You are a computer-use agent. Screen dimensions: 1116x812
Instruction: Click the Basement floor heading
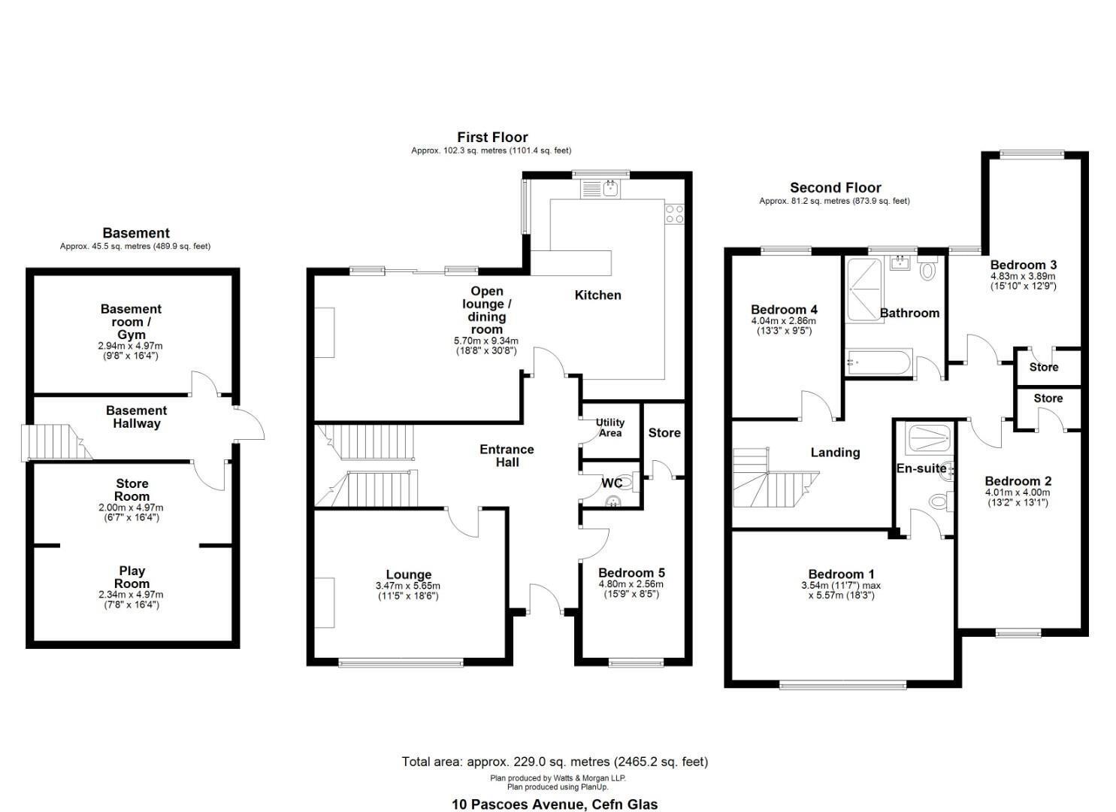click(x=136, y=233)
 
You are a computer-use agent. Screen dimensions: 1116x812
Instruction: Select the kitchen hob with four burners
click(x=675, y=214)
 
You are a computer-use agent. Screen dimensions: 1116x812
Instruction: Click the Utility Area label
click(x=609, y=429)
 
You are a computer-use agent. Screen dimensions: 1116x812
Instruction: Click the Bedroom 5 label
click(x=631, y=573)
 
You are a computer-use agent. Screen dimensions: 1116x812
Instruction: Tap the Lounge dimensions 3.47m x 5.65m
click(x=408, y=586)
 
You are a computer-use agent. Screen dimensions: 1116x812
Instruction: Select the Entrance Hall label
click(x=507, y=456)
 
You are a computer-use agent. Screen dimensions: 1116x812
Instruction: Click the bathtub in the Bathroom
click(x=879, y=362)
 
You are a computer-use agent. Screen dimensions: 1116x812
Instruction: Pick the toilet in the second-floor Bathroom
click(x=927, y=268)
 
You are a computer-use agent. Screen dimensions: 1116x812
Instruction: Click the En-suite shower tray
click(x=930, y=438)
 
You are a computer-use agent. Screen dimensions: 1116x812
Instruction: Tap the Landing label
click(x=836, y=452)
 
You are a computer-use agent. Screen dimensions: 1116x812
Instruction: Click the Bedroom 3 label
click(x=1024, y=265)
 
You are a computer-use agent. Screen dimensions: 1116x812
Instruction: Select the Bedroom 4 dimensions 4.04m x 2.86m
click(x=784, y=321)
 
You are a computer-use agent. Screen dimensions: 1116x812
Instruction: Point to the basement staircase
click(x=56, y=442)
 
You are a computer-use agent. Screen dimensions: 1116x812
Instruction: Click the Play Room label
click(x=132, y=577)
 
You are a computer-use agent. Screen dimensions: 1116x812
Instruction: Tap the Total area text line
click(x=555, y=762)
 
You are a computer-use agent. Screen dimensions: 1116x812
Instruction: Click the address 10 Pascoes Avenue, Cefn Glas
click(x=555, y=804)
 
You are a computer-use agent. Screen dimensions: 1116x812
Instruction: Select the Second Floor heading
click(x=836, y=187)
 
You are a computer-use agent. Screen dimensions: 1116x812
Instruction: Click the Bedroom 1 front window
click(x=842, y=686)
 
